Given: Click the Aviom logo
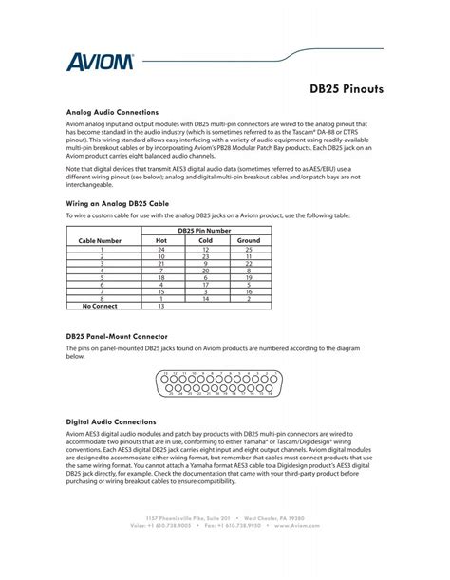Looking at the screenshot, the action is (99, 63).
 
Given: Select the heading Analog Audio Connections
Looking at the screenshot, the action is (113, 111).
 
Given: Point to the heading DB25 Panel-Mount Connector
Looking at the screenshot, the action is (117, 336).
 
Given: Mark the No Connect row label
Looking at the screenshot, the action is (101, 307).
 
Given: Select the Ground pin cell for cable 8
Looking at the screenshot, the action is (249, 299).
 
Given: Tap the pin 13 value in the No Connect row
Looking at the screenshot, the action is (160, 307).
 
